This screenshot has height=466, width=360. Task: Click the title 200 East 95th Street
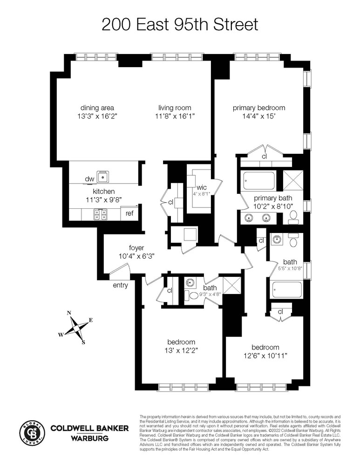click(x=179, y=24)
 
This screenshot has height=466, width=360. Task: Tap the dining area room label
click(x=97, y=108)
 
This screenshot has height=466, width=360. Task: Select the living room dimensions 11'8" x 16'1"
click(x=176, y=116)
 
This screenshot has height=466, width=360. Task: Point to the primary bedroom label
click(x=259, y=108)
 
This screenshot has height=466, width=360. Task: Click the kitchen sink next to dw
click(x=102, y=177)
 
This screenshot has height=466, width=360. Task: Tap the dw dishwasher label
click(x=89, y=179)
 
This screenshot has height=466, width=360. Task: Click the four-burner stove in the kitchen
click(x=99, y=214)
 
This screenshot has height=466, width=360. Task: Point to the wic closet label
click(x=201, y=187)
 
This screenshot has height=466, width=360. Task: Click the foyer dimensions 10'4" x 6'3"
click(x=136, y=256)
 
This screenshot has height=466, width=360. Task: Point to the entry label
click(x=120, y=285)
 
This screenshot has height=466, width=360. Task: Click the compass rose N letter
click(x=69, y=313)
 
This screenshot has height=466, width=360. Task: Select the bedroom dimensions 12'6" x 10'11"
click(x=265, y=356)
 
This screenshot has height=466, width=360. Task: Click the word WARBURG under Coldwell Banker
click(x=89, y=438)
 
